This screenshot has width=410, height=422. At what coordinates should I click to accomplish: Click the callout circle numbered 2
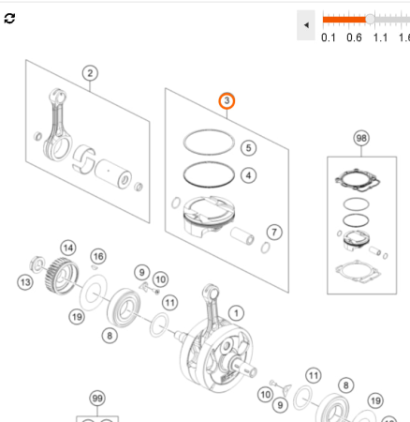[90, 73]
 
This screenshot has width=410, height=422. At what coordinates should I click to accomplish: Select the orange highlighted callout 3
[227, 100]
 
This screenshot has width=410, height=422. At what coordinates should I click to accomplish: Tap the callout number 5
[248, 147]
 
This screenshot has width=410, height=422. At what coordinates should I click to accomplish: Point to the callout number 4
[248, 174]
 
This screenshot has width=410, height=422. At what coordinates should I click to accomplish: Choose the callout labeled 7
[273, 232]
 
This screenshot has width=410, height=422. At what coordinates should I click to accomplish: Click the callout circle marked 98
[361, 138]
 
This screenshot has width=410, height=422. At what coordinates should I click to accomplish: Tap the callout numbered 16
[98, 256]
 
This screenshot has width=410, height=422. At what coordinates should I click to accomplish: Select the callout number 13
[25, 280]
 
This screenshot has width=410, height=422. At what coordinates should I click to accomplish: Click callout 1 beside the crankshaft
[236, 312]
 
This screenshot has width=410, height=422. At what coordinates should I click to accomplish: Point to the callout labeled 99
[96, 398]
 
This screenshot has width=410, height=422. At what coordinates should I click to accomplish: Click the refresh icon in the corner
[10, 19]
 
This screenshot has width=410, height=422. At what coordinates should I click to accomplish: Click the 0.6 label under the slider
[354, 38]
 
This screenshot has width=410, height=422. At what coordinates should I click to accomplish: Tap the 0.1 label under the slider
[329, 38]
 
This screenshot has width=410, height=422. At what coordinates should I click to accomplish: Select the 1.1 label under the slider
[380, 38]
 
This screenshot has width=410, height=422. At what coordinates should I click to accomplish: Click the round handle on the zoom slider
[371, 19]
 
